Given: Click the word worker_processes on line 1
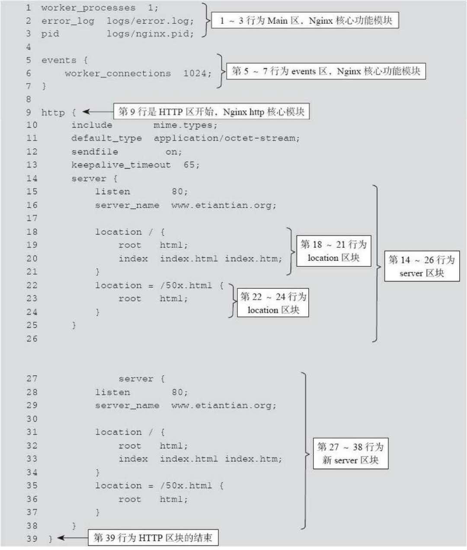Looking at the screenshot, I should (x=88, y=8).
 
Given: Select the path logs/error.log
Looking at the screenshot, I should (x=150, y=21).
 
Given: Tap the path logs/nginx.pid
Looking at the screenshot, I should (x=150, y=34).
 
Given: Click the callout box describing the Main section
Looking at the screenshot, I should (x=305, y=20).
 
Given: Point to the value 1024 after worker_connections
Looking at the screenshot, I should (x=197, y=74).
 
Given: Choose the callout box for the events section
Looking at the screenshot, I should (x=326, y=71).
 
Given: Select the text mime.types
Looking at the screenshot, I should (x=185, y=125).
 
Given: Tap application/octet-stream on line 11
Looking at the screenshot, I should (x=226, y=138).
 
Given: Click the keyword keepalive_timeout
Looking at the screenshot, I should (x=121, y=165).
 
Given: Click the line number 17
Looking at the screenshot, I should (x=32, y=218).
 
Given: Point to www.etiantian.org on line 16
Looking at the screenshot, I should (x=223, y=205).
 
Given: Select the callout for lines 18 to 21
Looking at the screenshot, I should (x=333, y=251).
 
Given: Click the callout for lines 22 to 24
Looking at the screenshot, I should (x=273, y=303).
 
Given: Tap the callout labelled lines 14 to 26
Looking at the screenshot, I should (x=422, y=266).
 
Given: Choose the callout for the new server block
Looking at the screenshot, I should (x=350, y=453).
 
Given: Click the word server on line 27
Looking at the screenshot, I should (x=136, y=379).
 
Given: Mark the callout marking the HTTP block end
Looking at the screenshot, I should (x=153, y=538).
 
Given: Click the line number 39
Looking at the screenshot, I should (x=32, y=539).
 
